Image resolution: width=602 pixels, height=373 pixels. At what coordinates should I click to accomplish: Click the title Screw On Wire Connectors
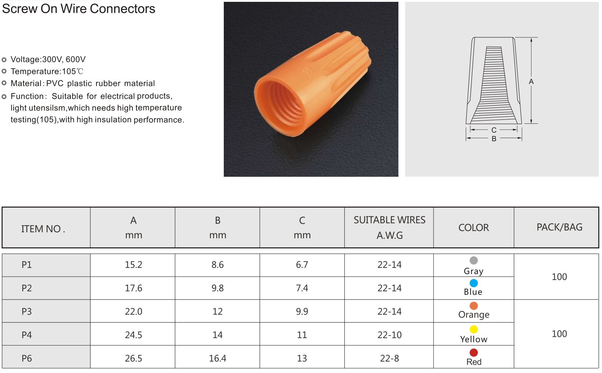pyautogui.click(x=79, y=9)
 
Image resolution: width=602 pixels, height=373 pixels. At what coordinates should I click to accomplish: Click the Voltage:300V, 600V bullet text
pyautogui.click(x=48, y=60)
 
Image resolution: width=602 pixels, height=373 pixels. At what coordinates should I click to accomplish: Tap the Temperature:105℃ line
pyautogui.click(x=47, y=71)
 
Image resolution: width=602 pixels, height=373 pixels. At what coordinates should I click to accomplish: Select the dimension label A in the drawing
pyautogui.click(x=531, y=82)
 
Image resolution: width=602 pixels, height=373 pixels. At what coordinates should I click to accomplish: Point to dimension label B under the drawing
pyautogui.click(x=494, y=139)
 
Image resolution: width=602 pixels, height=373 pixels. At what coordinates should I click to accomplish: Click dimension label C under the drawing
pyautogui.click(x=494, y=130)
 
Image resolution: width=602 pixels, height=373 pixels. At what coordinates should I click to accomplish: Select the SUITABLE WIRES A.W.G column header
pyautogui.click(x=389, y=227)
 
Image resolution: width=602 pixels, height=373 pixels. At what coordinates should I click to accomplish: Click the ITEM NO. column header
pyautogui.click(x=43, y=229)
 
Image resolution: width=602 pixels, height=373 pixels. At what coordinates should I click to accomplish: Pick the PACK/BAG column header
pyautogui.click(x=559, y=227)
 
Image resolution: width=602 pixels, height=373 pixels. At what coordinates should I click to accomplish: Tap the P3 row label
pyautogui.click(x=27, y=312)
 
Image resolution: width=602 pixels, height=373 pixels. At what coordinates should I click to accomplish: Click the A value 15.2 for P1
pyautogui.click(x=133, y=265)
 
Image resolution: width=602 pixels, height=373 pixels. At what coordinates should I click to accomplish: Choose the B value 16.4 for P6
pyautogui.click(x=218, y=358)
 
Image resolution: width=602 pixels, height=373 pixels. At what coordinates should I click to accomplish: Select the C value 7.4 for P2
pyautogui.click(x=302, y=288)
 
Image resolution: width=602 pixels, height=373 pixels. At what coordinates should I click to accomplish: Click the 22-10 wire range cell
pyautogui.click(x=389, y=335)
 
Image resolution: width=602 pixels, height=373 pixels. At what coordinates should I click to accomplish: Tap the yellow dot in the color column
pyautogui.click(x=474, y=329)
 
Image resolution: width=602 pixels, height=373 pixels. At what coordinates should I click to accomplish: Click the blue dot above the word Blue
pyautogui.click(x=474, y=283)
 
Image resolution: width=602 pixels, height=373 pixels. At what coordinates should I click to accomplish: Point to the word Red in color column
pyautogui.click(x=474, y=362)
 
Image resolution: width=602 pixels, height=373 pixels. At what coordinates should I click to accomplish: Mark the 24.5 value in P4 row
pyautogui.click(x=133, y=335)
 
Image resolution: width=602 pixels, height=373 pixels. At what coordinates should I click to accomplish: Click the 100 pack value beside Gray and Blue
pyautogui.click(x=559, y=277)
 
